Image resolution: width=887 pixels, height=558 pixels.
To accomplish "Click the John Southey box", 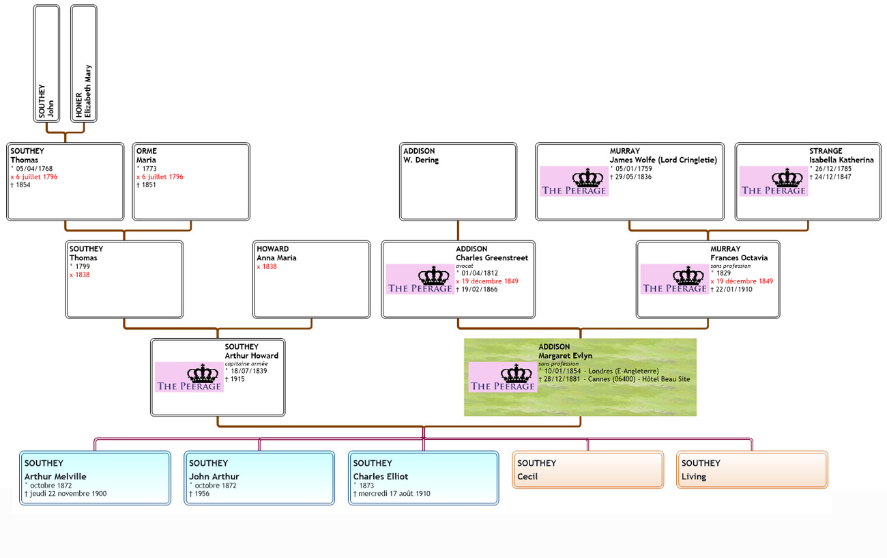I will pos(46,64).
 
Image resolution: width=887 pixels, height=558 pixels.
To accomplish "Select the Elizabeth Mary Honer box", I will pos(84,64).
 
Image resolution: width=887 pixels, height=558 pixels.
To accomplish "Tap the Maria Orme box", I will pos(191,182).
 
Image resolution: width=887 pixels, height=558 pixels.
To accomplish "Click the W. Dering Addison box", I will pos(458,182).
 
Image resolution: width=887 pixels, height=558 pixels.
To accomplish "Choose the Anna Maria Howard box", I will pos(311,279).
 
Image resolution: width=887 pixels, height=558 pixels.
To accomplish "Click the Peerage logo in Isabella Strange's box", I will pos(774,182).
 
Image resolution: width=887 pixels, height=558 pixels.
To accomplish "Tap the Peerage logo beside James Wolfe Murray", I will pos(574,182).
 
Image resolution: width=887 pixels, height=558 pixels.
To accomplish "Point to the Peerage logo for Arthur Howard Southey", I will pos(189,377).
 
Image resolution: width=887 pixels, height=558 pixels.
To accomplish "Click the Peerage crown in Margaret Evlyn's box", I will pos(503,377).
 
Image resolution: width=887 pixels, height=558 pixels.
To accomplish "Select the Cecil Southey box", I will pos(587,470).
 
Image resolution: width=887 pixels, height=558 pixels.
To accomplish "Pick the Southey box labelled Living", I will pos(752,470).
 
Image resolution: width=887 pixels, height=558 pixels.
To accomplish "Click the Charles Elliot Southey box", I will pos(423,477).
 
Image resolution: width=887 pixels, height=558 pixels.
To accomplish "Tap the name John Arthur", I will pos(214,477).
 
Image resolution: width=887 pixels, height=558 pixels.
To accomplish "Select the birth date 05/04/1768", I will pos(33,169).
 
